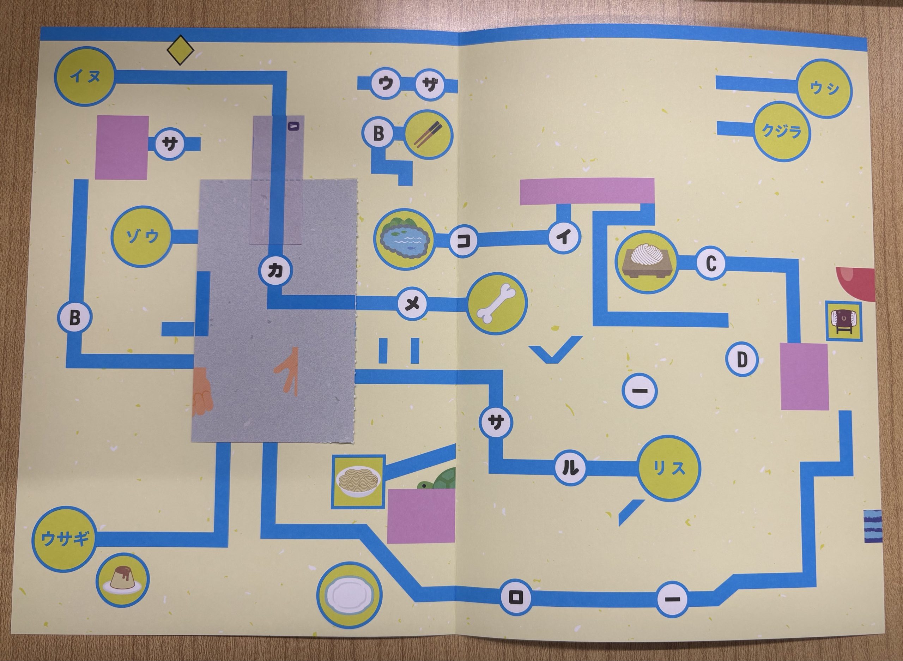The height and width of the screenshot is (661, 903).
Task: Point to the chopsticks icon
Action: pos(429,135)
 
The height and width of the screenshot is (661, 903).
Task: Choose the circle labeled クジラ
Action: pos(782,131)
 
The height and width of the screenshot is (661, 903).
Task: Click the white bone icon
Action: pos(497,303)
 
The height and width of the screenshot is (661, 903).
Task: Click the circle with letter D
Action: pos(742,359)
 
